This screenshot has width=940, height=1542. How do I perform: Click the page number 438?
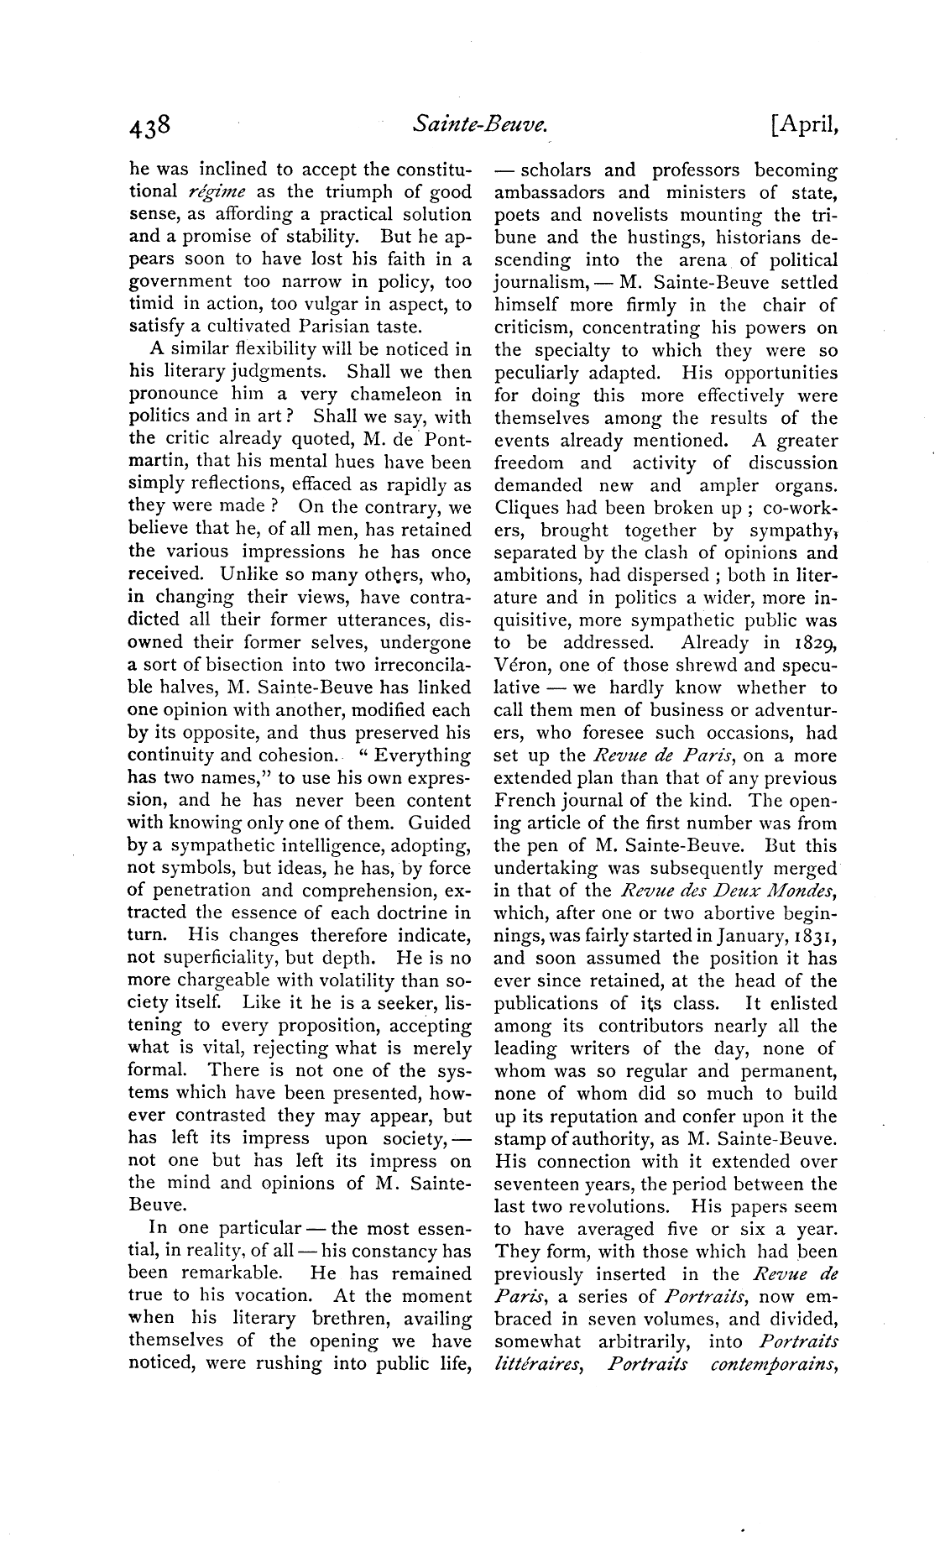click(x=150, y=125)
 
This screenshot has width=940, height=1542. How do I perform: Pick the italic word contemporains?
click(x=773, y=1365)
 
